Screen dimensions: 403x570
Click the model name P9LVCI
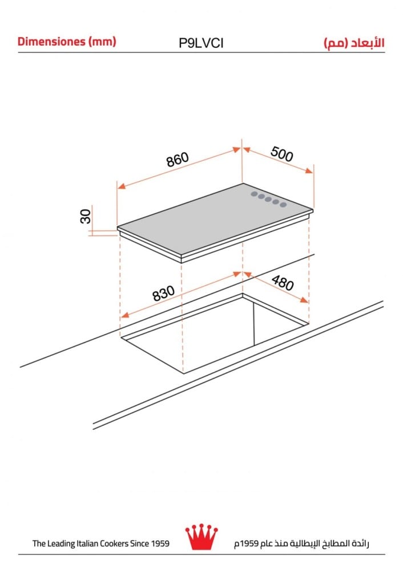[x=201, y=43]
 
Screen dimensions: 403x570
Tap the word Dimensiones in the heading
[x=51, y=41]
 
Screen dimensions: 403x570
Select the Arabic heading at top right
[x=354, y=43]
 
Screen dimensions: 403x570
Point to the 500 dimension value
[x=282, y=154]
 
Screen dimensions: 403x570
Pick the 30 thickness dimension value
[x=86, y=216]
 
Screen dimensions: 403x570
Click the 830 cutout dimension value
[x=163, y=294]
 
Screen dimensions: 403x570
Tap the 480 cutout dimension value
[x=283, y=283]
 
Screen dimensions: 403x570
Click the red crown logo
[x=201, y=537]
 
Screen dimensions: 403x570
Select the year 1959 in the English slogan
[x=160, y=543]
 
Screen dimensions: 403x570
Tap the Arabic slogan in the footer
[x=301, y=543]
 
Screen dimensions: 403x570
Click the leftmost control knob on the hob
[x=254, y=194]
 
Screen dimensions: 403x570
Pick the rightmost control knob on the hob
[x=283, y=205]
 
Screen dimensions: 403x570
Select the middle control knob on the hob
[x=268, y=199]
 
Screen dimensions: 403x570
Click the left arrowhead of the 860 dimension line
[x=121, y=186]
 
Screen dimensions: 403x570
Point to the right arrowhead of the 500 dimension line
[x=309, y=170]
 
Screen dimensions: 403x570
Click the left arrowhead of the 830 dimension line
[x=125, y=315]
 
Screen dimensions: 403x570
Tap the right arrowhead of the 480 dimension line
[x=304, y=300]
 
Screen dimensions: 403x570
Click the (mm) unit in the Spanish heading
[x=102, y=42]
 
